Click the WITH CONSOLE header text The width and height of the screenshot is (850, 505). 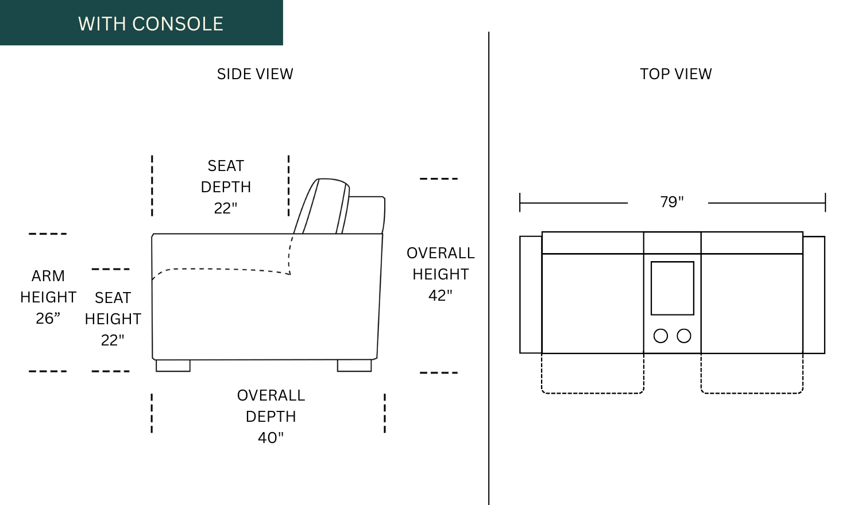tap(150, 24)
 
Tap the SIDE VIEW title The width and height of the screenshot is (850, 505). tap(255, 74)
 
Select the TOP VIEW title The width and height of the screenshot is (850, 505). tap(676, 74)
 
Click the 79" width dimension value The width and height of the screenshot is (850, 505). tap(671, 202)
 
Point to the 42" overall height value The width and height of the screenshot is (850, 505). tap(440, 296)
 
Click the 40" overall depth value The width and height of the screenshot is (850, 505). tap(271, 438)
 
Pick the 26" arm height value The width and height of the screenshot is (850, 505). tap(48, 318)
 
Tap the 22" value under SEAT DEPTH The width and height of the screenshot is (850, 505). tap(225, 208)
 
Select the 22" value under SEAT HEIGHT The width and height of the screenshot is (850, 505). tap(113, 340)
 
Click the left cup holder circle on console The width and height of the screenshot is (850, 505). tap(660, 336)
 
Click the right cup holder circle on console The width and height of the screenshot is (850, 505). tap(684, 336)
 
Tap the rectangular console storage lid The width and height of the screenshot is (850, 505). tap(673, 288)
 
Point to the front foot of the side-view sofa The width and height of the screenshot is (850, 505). tap(173, 366)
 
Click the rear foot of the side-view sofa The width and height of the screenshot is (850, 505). tap(354, 366)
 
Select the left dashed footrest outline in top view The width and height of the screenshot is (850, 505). tap(592, 393)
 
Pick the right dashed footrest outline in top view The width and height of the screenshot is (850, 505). tap(752, 393)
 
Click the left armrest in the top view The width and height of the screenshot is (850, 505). tap(531, 294)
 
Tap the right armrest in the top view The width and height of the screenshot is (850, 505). tap(814, 294)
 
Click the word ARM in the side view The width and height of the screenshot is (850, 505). tap(48, 276)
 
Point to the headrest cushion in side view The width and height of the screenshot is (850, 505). tap(326, 206)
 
